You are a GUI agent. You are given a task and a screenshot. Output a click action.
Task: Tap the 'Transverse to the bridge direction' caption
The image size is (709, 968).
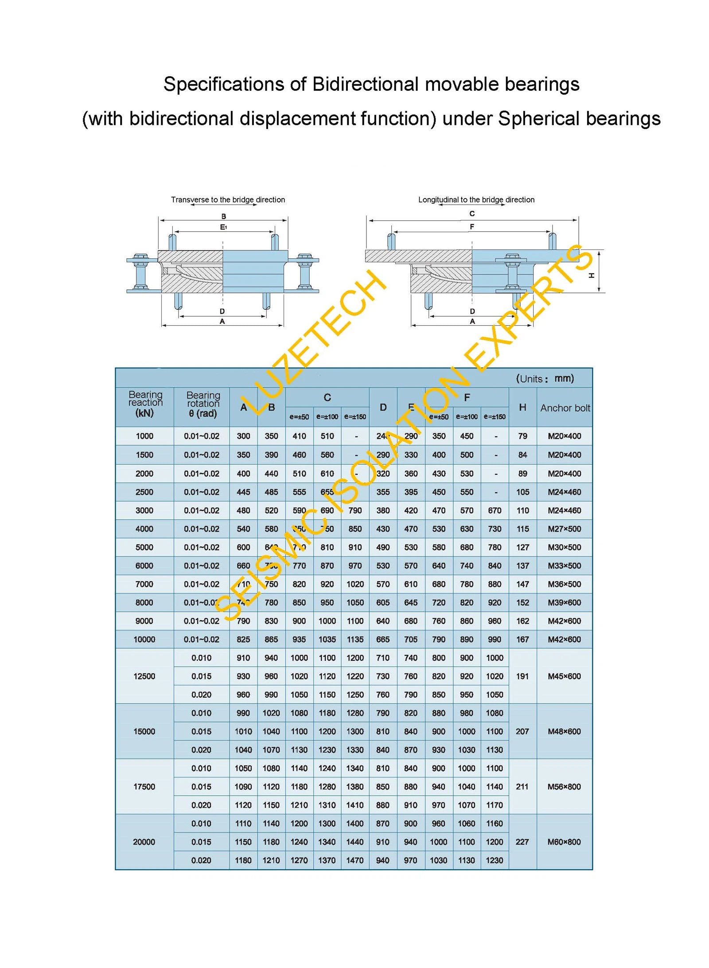click(x=228, y=200)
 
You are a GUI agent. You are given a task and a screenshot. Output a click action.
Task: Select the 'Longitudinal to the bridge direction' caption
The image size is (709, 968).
click(x=476, y=200)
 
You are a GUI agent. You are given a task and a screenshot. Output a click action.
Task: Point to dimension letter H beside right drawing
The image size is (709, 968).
click(x=591, y=276)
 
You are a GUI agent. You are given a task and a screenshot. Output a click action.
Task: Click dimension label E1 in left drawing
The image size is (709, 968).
click(x=224, y=227)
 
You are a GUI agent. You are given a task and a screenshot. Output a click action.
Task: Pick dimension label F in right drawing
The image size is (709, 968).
click(x=471, y=227)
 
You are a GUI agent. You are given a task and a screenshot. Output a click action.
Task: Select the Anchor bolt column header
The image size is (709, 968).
click(x=565, y=408)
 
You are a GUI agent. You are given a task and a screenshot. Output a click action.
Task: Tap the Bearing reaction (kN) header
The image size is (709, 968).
click(x=145, y=404)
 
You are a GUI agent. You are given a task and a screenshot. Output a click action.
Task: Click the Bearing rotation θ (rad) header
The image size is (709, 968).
click(x=203, y=404)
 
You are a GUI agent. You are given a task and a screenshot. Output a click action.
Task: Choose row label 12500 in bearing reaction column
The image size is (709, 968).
click(x=144, y=676)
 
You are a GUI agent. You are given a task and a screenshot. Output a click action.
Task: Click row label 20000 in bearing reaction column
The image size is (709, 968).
click(x=144, y=842)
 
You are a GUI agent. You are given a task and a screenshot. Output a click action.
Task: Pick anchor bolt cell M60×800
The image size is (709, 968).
click(x=564, y=842)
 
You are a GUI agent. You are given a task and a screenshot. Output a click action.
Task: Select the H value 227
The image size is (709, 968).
click(x=522, y=842)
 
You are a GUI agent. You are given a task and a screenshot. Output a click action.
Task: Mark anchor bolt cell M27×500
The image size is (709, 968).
click(x=564, y=529)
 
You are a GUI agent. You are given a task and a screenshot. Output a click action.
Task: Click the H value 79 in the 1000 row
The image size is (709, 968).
click(x=522, y=436)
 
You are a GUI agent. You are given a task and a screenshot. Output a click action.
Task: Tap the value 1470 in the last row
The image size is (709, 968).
click(x=354, y=860)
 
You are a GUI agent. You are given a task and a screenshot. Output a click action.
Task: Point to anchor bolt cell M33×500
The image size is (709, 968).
click(x=564, y=566)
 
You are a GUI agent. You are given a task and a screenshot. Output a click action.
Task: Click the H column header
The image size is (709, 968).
click(x=522, y=407)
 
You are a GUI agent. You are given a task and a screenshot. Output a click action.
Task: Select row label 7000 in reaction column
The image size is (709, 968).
click(x=144, y=584)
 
